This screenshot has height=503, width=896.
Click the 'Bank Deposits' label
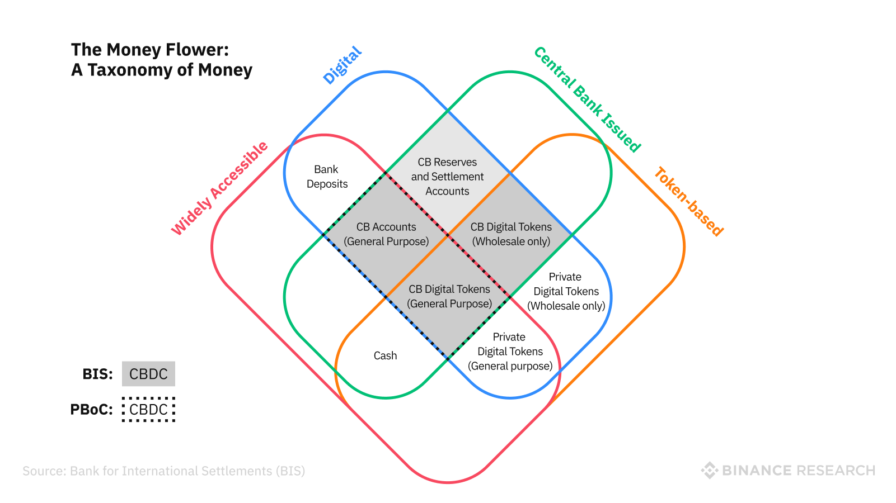click(327, 177)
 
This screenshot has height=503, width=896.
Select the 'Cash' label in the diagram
click(385, 355)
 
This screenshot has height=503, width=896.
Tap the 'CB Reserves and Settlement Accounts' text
click(447, 177)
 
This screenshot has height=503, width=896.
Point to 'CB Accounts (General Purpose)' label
click(386, 234)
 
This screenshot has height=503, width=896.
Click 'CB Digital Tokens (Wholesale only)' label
click(511, 234)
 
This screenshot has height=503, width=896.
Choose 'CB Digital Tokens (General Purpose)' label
click(449, 296)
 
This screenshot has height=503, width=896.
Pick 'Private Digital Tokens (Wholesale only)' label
click(566, 291)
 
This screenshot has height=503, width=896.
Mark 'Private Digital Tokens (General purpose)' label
click(510, 352)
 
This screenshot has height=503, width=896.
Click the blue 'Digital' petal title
click(343, 65)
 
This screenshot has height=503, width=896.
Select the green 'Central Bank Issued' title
click(587, 99)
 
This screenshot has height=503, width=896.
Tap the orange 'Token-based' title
click(689, 201)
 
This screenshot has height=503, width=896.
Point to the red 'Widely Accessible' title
click(219, 189)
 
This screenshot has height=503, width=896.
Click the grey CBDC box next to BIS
click(148, 374)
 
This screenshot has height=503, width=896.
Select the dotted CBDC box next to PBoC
click(148, 410)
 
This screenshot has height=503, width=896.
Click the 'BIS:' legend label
click(97, 374)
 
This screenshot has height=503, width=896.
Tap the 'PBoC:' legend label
click(91, 410)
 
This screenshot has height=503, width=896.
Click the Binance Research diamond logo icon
click(709, 471)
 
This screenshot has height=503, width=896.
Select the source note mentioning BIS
click(163, 471)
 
